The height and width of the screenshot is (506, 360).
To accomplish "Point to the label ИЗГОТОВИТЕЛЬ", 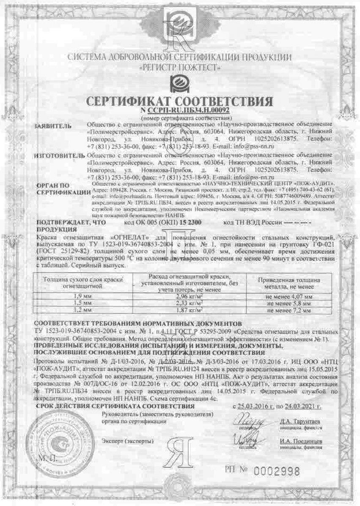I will tap(58, 157).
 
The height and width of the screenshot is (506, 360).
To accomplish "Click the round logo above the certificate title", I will tap(180, 83).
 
